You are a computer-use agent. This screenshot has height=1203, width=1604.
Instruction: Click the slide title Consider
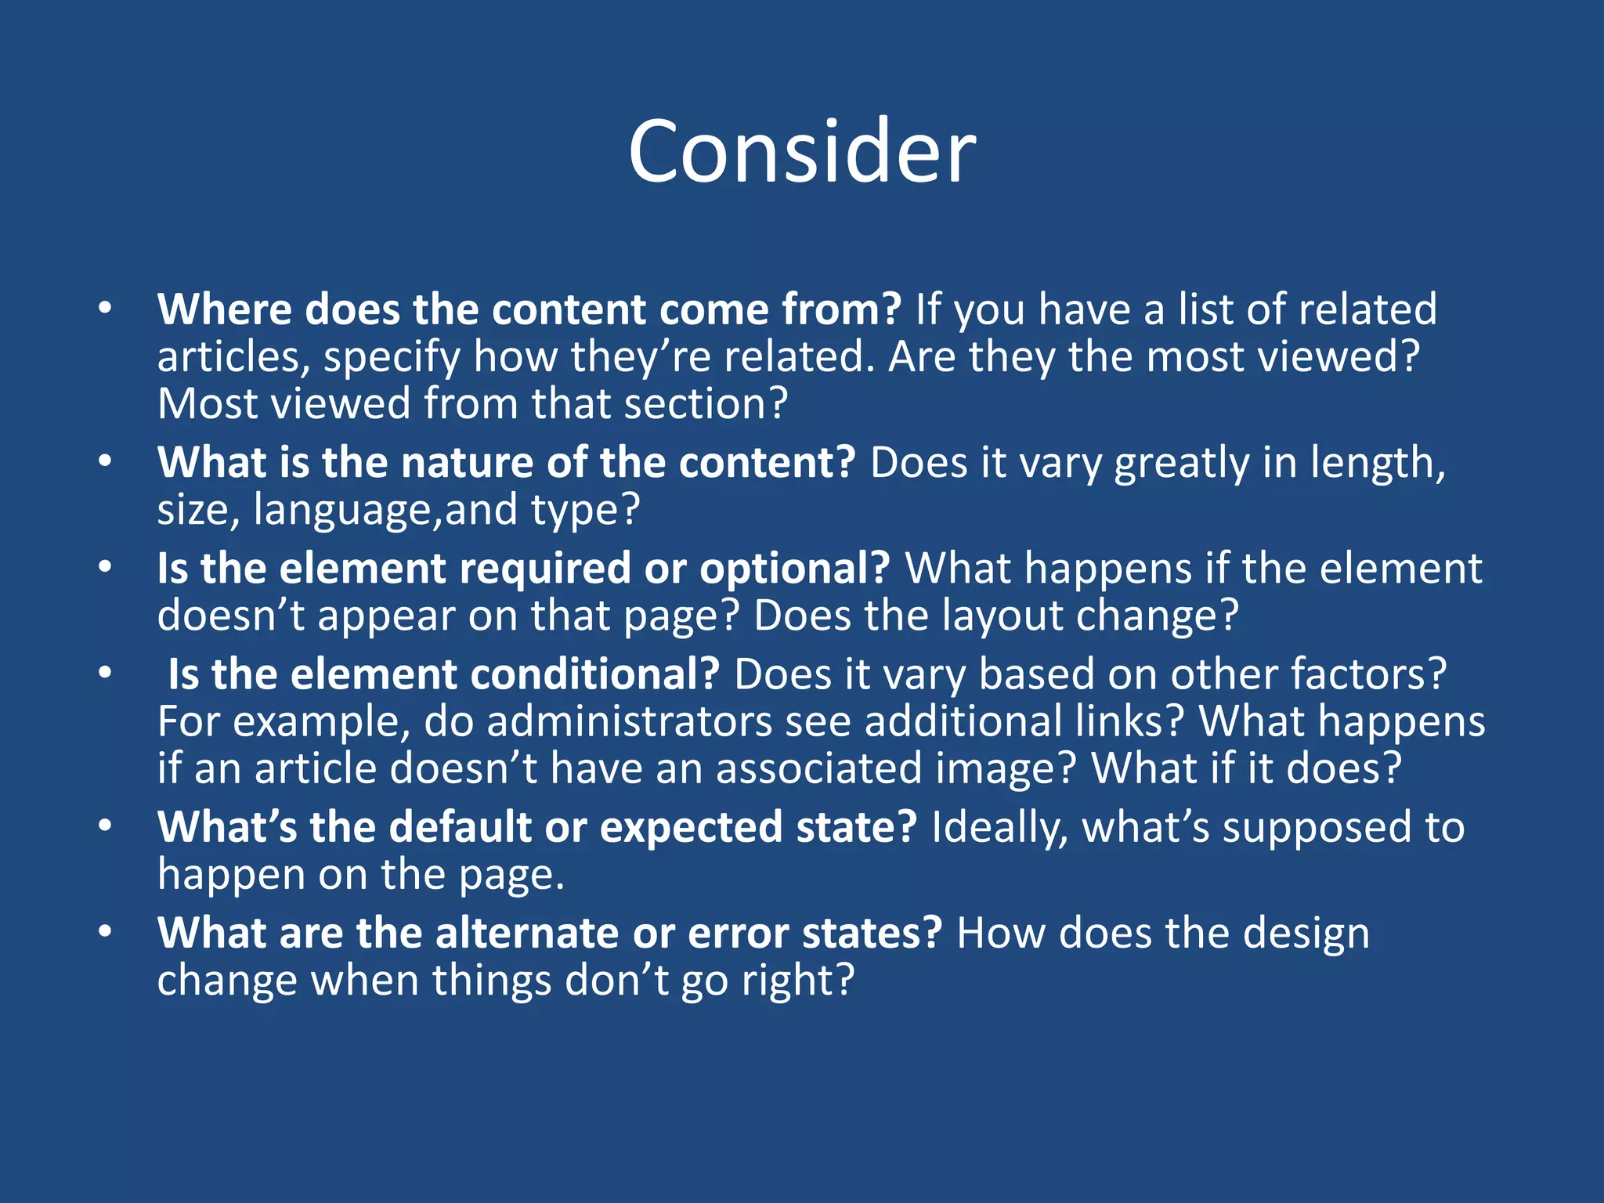tap(801, 151)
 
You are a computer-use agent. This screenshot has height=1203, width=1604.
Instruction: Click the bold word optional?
tap(794, 569)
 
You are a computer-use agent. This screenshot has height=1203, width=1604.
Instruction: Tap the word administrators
tap(629, 721)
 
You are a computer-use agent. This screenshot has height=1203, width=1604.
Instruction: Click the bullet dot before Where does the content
tap(105, 309)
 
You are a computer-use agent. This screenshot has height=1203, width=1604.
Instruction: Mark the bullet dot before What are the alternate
tap(105, 932)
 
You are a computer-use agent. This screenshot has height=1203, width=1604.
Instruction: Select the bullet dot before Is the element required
tap(105, 568)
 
